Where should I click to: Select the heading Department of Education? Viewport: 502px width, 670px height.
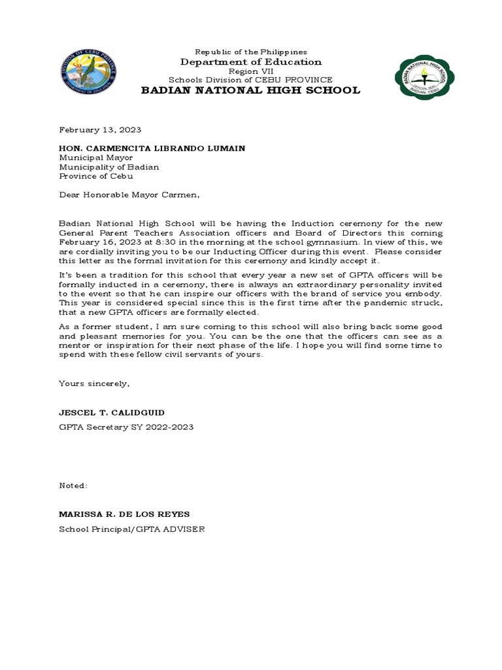(251, 62)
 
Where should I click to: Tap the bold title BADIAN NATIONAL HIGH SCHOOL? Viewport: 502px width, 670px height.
(251, 90)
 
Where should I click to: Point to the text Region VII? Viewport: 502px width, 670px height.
(251, 71)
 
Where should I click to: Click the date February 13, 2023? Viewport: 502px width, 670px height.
(100, 130)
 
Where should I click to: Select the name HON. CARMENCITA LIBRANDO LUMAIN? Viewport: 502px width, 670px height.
(152, 149)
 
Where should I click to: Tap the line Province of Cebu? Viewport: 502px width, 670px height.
(96, 176)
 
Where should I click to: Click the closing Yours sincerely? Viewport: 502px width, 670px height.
(95, 383)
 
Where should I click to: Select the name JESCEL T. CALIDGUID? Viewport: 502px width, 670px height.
(112, 413)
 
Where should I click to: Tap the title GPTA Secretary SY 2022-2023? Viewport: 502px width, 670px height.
(126, 427)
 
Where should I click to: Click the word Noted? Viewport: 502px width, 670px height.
(73, 486)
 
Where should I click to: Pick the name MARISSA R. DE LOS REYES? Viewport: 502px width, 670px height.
(125, 514)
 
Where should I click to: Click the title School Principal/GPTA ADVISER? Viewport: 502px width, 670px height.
(132, 529)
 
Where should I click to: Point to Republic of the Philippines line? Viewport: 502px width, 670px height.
(251, 52)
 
